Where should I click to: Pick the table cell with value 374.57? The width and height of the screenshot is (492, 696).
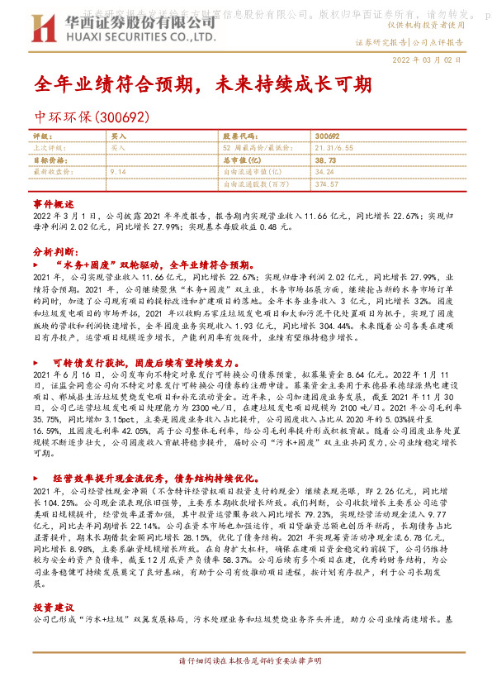327,184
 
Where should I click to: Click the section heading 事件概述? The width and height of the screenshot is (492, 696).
54,203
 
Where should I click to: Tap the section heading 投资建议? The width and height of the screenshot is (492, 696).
54,607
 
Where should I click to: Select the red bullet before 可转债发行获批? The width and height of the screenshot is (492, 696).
37,362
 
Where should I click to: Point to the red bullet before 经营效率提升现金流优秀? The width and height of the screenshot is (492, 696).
37,478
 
